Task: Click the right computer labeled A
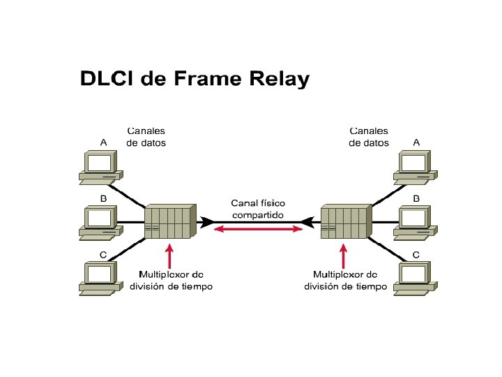point(417,166)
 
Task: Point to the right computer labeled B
point(417,223)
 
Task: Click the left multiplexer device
point(167,223)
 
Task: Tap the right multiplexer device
point(344,223)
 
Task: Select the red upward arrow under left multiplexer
point(168,255)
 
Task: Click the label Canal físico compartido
point(257,209)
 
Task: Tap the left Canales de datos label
point(146,137)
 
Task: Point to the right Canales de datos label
point(369,137)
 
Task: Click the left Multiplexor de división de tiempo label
point(171,281)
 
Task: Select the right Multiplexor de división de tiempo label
point(345,281)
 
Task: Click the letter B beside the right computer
point(416,198)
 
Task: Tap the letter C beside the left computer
point(103,255)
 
